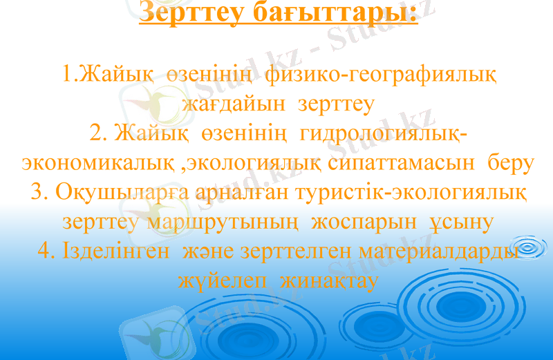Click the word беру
click(509, 162)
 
